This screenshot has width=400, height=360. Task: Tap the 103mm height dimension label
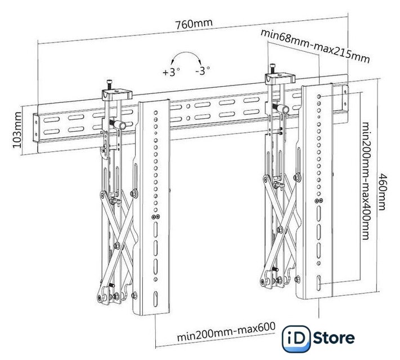[16, 128]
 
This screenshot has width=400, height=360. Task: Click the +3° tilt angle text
[170, 73]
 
